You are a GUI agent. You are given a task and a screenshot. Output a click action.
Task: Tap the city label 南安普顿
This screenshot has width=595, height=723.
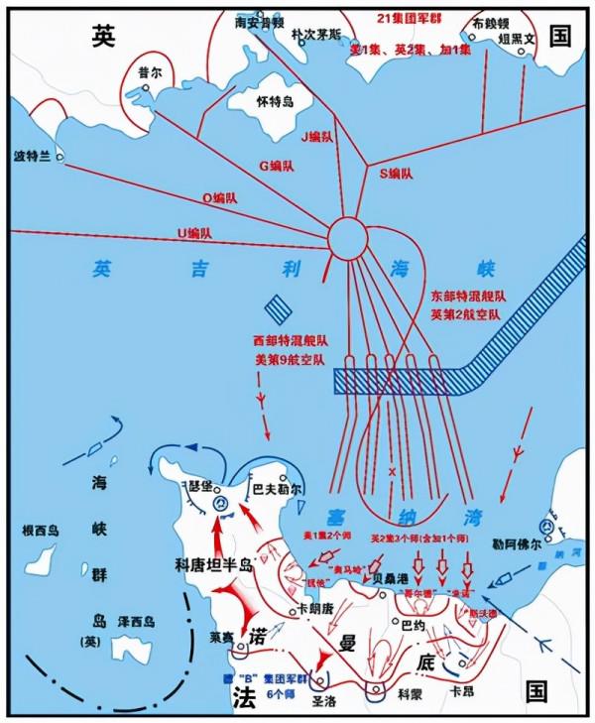[259, 19]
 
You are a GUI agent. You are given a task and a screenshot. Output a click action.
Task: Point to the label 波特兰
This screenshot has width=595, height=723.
[31, 157]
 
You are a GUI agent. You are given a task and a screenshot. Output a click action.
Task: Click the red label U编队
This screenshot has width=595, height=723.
[194, 233]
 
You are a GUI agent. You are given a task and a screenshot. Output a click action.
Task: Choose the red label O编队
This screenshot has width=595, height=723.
[220, 198]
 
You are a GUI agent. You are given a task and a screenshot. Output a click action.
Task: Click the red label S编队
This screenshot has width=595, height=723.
[397, 174]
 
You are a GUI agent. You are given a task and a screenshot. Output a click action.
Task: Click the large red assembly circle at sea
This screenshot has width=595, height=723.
[348, 237]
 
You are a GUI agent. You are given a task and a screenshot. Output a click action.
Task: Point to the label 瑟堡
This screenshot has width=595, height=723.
[200, 486]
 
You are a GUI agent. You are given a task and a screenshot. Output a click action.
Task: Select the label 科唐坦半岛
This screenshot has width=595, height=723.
[213, 563]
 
